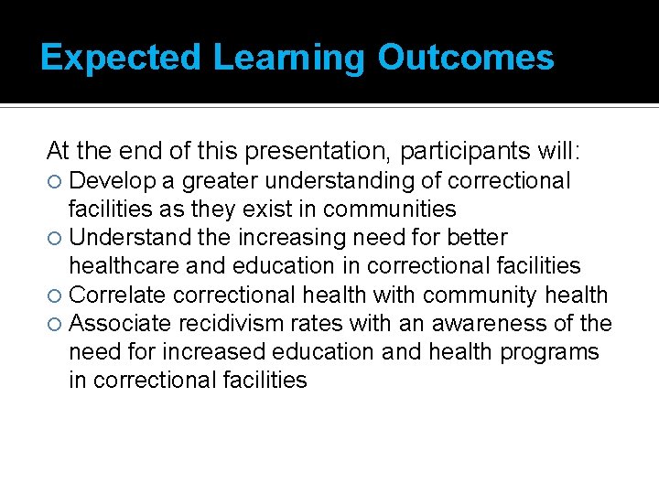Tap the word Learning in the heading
(290, 58)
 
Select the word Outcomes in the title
(466, 58)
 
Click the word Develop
(112, 181)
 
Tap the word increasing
(289, 238)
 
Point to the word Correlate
(117, 295)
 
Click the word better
(477, 238)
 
